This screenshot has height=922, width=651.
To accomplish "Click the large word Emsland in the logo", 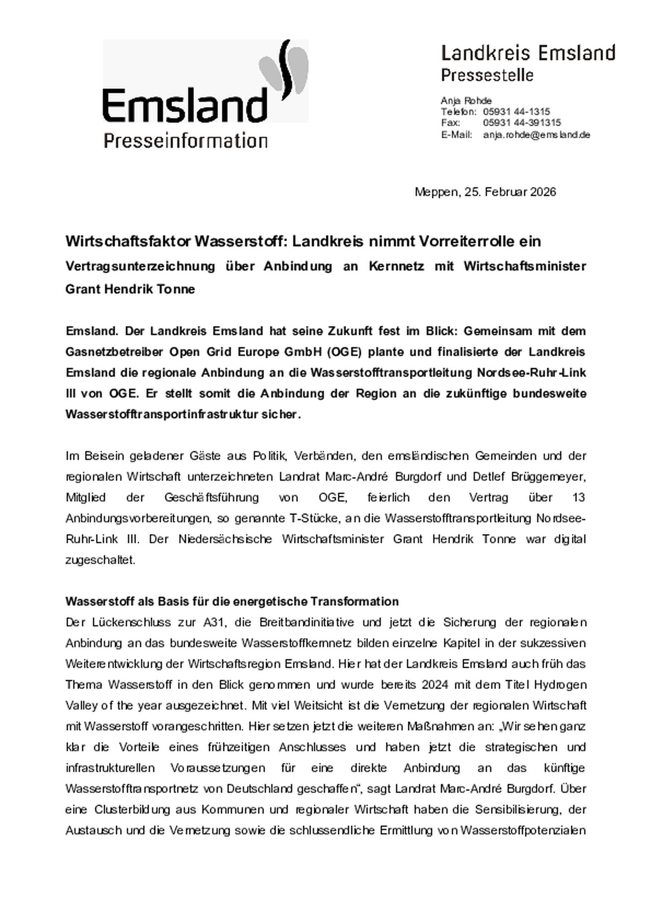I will (185, 105).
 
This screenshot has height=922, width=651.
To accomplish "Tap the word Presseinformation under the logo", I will (185, 140).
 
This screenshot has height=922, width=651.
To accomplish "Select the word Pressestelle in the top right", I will (487, 75).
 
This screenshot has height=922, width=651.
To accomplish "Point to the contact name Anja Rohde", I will (466, 100).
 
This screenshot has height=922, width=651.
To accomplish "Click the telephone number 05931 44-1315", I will (516, 112).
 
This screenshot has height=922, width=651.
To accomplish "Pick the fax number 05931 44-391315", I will (522, 123).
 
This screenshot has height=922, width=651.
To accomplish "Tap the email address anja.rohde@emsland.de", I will (536, 135).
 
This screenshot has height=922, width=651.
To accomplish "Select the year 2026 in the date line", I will (543, 192).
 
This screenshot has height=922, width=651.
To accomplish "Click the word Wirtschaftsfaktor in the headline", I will (128, 242).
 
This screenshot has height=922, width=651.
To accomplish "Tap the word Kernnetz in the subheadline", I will (396, 266).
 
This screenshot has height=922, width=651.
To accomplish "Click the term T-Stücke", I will (312, 518).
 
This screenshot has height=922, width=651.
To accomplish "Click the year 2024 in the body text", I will (435, 684).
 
